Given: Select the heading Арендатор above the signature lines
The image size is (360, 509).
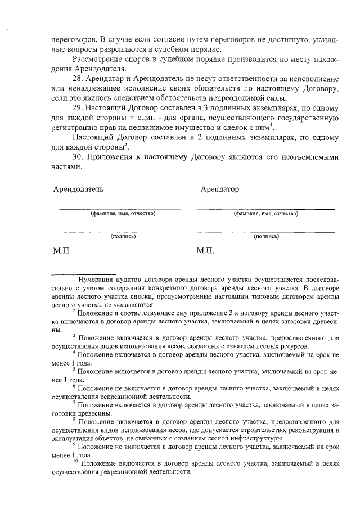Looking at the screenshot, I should click(x=219, y=189).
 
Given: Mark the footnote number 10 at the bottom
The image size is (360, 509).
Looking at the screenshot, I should click(x=75, y=462).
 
